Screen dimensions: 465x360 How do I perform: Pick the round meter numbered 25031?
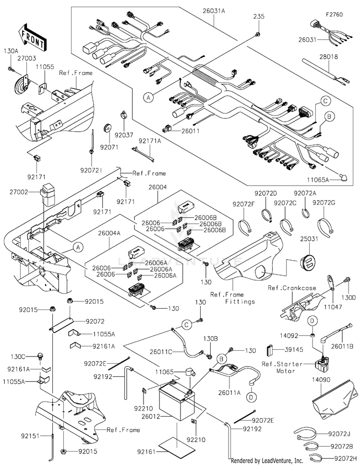pos(307,264)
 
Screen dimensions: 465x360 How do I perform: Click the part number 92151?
pos(31,437)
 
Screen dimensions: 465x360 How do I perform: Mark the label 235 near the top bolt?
pos(259,16)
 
